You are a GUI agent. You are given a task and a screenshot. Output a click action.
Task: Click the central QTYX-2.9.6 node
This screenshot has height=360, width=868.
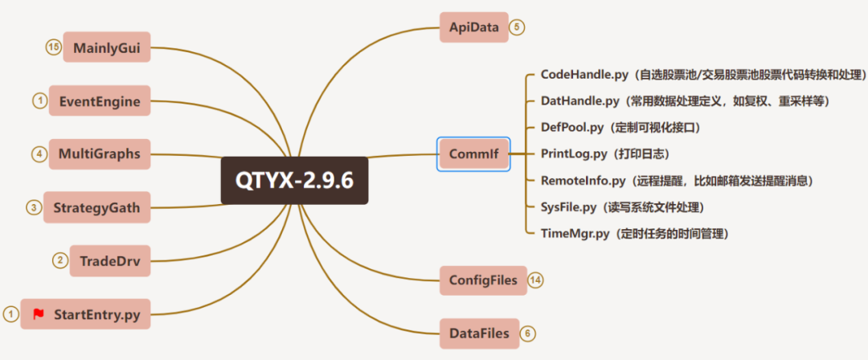pos(294,180)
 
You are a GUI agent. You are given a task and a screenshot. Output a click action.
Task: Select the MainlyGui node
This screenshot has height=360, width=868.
pos(107,47)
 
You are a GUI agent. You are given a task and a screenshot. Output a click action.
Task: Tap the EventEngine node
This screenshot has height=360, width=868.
pos(100,101)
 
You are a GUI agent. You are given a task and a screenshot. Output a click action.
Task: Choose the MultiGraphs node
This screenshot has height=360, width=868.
pos(100,153)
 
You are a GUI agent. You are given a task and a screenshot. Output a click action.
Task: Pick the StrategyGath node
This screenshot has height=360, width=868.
pos(96,207)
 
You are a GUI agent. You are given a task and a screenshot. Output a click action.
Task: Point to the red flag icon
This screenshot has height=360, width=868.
pos(39,314)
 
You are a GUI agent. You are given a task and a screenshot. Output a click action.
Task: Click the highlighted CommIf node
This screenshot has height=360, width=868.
pos(473,153)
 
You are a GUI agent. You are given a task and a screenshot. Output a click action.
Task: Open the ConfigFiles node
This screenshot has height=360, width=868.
pos(483,280)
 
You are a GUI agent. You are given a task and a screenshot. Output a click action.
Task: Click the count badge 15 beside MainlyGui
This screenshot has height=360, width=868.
pos(53,47)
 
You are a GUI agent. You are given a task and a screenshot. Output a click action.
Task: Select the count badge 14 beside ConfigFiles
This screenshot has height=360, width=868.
pos(536,280)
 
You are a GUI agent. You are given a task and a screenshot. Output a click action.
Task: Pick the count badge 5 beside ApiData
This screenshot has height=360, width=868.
pos(517,27)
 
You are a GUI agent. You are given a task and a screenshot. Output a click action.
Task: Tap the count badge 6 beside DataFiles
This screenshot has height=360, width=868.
pos(526,333)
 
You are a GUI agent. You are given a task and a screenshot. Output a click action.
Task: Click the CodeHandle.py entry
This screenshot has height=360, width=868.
pos(585,75)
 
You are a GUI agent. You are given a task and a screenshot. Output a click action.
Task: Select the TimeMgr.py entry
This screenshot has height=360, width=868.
pos(576,234)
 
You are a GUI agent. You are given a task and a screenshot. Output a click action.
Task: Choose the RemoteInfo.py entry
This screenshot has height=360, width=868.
pos(584,181)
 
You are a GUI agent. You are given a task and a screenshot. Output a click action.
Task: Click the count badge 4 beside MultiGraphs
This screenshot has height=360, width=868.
pos(39,153)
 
